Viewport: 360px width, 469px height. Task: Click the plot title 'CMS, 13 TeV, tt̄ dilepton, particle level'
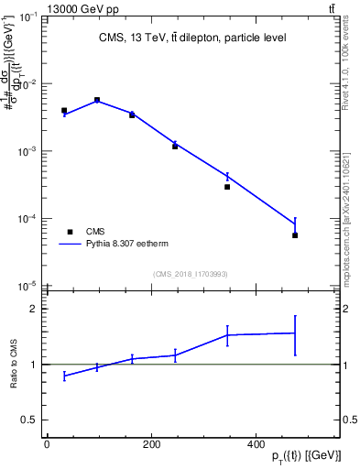pyautogui.click(x=192, y=38)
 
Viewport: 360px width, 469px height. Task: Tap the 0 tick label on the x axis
pyautogui.click(x=47, y=443)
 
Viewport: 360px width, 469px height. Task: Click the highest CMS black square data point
pyautogui.click(x=97, y=100)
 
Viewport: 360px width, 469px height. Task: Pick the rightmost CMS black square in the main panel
pyautogui.click(x=295, y=235)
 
